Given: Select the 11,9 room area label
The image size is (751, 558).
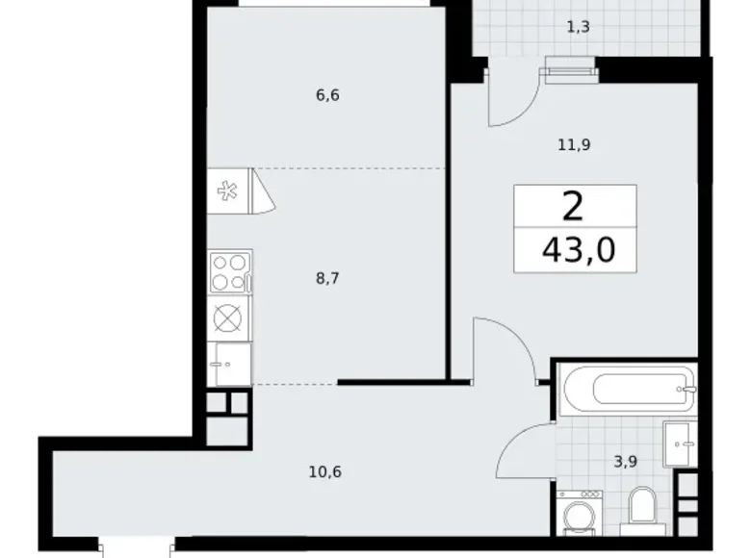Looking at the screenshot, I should pyautogui.click(x=574, y=145).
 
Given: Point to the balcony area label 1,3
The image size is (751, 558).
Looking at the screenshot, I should pyautogui.click(x=578, y=27).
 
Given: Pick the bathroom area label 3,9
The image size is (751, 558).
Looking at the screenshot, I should pyautogui.click(x=625, y=461).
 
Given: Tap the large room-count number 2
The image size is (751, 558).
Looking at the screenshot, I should pyautogui.click(x=575, y=206).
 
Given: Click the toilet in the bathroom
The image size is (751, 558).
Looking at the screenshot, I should pyautogui.click(x=640, y=506).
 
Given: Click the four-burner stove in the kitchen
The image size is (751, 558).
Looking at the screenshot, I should pyautogui.click(x=230, y=271).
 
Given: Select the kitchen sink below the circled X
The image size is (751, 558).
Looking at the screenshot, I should pyautogui.click(x=230, y=363).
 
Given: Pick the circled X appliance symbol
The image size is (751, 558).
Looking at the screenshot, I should pyautogui.click(x=230, y=317).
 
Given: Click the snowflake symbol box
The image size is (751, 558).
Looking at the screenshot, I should pyautogui.click(x=228, y=190).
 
